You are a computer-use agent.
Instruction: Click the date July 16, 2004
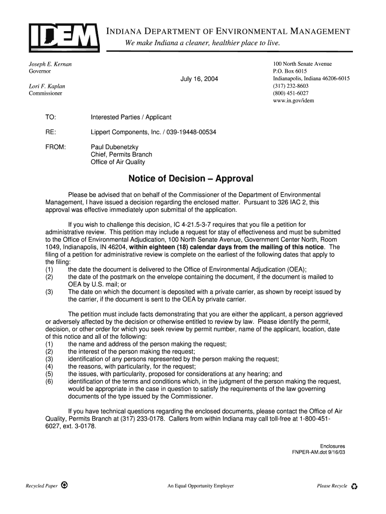pyautogui.click(x=199, y=79)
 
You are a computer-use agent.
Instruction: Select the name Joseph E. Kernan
pyautogui.click(x=50, y=64)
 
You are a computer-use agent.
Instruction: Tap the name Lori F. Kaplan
pyautogui.click(x=47, y=86)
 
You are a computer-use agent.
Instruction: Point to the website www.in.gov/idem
pyautogui.click(x=293, y=100)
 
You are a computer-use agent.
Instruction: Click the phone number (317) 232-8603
pyautogui.click(x=291, y=86)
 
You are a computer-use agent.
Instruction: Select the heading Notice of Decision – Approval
pyautogui.click(x=191, y=179)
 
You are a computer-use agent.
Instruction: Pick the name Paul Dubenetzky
pyautogui.click(x=114, y=147)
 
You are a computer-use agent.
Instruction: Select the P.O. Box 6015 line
pyautogui.click(x=290, y=72)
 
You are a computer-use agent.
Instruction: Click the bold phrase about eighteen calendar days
pyautogui.click(x=226, y=247)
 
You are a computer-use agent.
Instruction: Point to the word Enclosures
pyautogui.click(x=332, y=446)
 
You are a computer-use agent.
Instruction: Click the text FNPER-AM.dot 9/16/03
pyautogui.click(x=318, y=452)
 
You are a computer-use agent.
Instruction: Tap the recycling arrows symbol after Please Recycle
pyautogui.click(x=354, y=486)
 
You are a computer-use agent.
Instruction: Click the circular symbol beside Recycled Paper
pyautogui.click(x=65, y=485)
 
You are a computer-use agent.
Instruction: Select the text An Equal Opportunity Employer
pyautogui.click(x=201, y=486)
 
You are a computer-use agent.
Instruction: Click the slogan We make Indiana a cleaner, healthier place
pyautogui.click(x=203, y=44)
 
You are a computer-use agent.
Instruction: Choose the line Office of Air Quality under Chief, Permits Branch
pyautogui.click(x=118, y=162)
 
